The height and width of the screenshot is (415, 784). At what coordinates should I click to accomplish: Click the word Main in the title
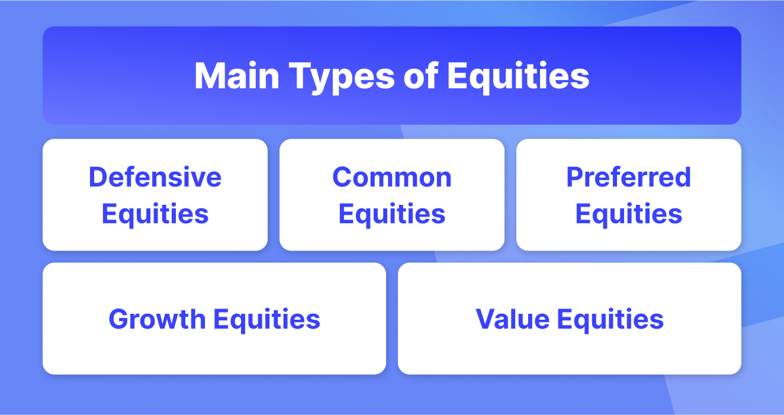point(237,76)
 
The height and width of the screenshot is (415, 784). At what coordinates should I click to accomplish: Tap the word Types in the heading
point(342,78)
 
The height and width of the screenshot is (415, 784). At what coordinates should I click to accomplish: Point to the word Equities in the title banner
point(518,78)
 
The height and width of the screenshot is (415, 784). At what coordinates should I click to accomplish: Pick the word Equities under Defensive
point(155,214)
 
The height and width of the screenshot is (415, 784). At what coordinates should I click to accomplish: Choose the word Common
point(392,177)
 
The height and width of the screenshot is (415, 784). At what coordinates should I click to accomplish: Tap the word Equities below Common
point(392,214)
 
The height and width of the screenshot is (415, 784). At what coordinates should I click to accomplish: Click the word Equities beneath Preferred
point(629,214)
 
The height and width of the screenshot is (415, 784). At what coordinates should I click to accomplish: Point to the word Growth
point(157,319)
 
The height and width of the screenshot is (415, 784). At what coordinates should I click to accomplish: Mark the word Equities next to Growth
point(266,320)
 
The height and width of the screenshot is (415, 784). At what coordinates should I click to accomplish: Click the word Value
point(512,319)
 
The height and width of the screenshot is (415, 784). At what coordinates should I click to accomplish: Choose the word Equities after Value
point(611,320)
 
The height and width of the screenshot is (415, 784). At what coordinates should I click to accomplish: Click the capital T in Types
point(300,76)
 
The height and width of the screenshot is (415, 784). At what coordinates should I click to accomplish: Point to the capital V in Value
point(486,319)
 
